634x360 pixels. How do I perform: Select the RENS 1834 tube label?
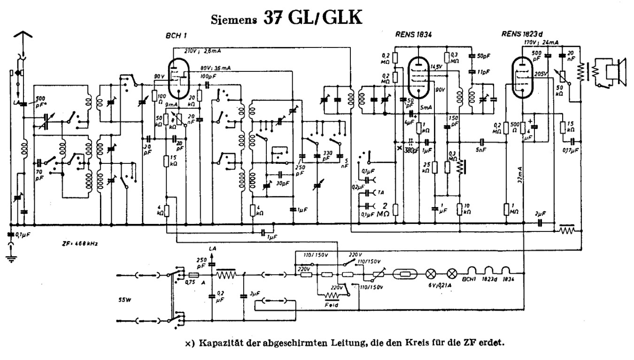(x=413, y=34)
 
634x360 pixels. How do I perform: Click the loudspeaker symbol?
(x=612, y=71)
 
